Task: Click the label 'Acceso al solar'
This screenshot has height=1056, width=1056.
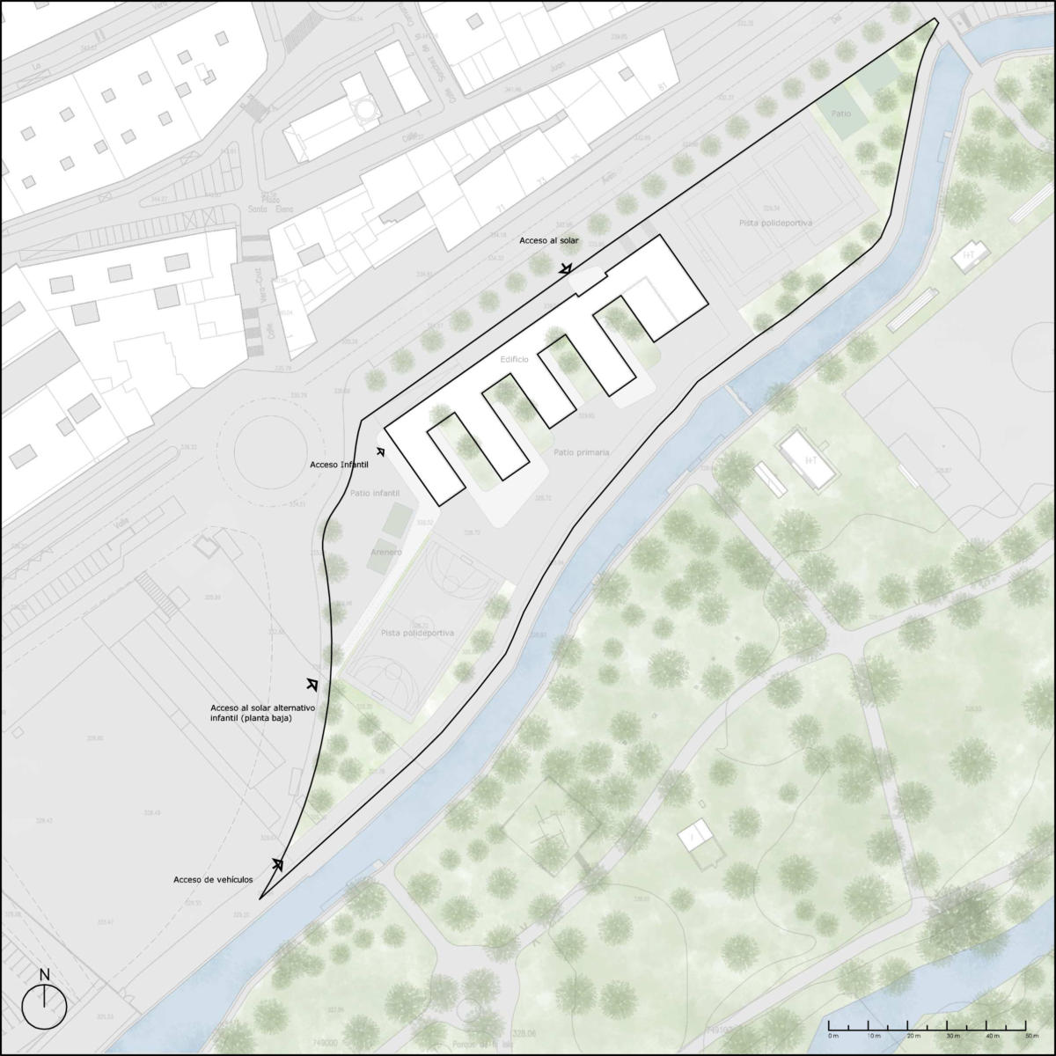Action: pos(548,240)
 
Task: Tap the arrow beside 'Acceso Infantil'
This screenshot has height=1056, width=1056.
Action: pos(381,451)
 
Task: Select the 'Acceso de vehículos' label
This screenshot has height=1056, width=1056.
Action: pos(213,880)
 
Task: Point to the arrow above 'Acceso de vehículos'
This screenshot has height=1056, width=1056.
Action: pos(277,863)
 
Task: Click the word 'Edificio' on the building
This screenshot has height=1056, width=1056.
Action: pos(514,361)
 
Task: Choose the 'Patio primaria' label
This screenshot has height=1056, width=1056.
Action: pos(582,452)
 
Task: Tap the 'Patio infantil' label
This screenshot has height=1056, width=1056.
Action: pos(375,494)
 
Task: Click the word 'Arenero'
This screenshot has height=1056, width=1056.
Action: pos(386,552)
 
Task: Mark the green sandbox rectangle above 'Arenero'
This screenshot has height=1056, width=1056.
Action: pos(399,517)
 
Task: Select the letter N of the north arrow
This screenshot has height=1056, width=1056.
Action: pos(44,974)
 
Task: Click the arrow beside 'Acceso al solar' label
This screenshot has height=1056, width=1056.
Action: pos(567,268)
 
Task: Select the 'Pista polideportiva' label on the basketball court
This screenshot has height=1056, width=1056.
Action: pos(417,633)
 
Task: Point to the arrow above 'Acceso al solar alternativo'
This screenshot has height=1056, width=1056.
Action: pos(312,684)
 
